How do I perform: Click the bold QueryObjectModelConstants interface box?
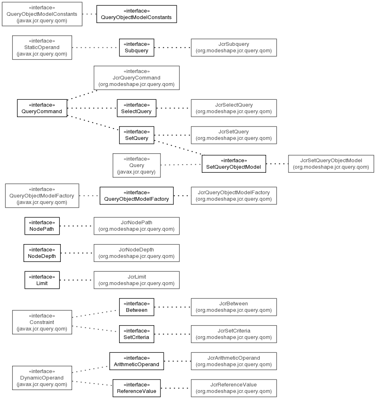[137, 14]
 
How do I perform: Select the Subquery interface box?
[137, 47]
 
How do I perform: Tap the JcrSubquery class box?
[234, 47]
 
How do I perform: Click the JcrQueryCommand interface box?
[137, 78]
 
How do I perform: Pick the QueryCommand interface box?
[42, 108]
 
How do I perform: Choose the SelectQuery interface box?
[137, 108]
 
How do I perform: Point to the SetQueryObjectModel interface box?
[234, 164]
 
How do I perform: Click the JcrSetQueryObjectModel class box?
[331, 164]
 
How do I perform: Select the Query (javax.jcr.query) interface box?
[137, 165]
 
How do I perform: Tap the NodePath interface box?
[42, 226]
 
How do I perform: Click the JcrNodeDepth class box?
[137, 253]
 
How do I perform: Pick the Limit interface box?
[42, 280]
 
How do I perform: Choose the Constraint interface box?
[42, 322]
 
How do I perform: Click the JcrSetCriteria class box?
[234, 334]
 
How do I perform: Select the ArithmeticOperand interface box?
[137, 361]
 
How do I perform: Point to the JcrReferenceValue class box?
[234, 388]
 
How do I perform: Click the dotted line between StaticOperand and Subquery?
[96, 47]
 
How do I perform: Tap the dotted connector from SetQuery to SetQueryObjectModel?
[178, 148]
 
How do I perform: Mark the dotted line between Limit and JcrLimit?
[77, 280]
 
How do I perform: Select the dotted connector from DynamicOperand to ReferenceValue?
[92, 383]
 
